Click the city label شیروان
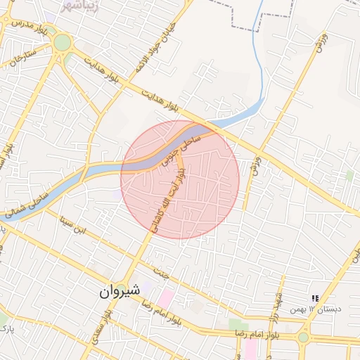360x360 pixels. pos(115,290)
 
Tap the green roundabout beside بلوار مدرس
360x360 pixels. pos(63,43)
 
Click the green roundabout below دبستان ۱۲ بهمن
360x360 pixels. pos(303,337)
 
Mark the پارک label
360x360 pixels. pos(6,328)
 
